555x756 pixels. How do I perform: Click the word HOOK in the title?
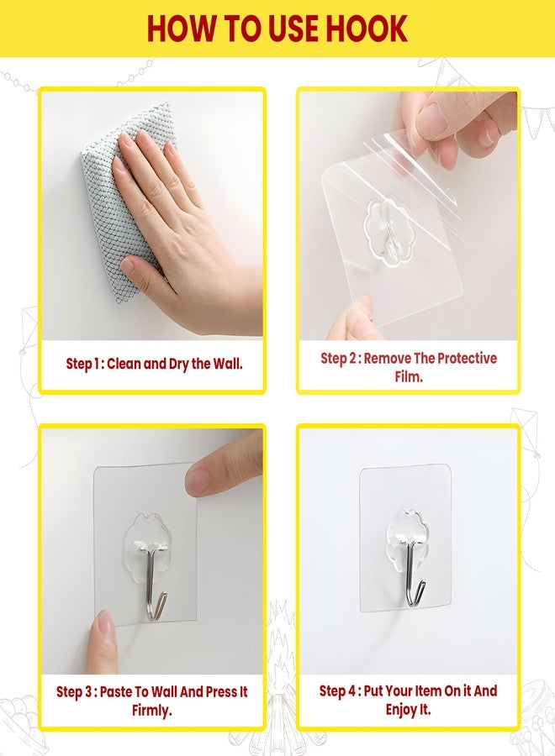coord(367,29)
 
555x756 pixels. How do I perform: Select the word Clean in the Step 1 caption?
coord(124,364)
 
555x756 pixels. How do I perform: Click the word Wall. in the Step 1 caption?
coord(226,364)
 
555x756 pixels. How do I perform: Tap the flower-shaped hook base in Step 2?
coord(386,233)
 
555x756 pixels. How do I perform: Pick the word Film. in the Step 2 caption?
coord(409,376)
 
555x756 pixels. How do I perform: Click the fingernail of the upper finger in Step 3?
coord(198,480)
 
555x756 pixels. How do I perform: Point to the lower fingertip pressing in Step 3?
coord(103,637)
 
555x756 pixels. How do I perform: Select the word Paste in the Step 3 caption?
coord(117,692)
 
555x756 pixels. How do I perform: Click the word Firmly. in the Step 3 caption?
coord(151,711)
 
